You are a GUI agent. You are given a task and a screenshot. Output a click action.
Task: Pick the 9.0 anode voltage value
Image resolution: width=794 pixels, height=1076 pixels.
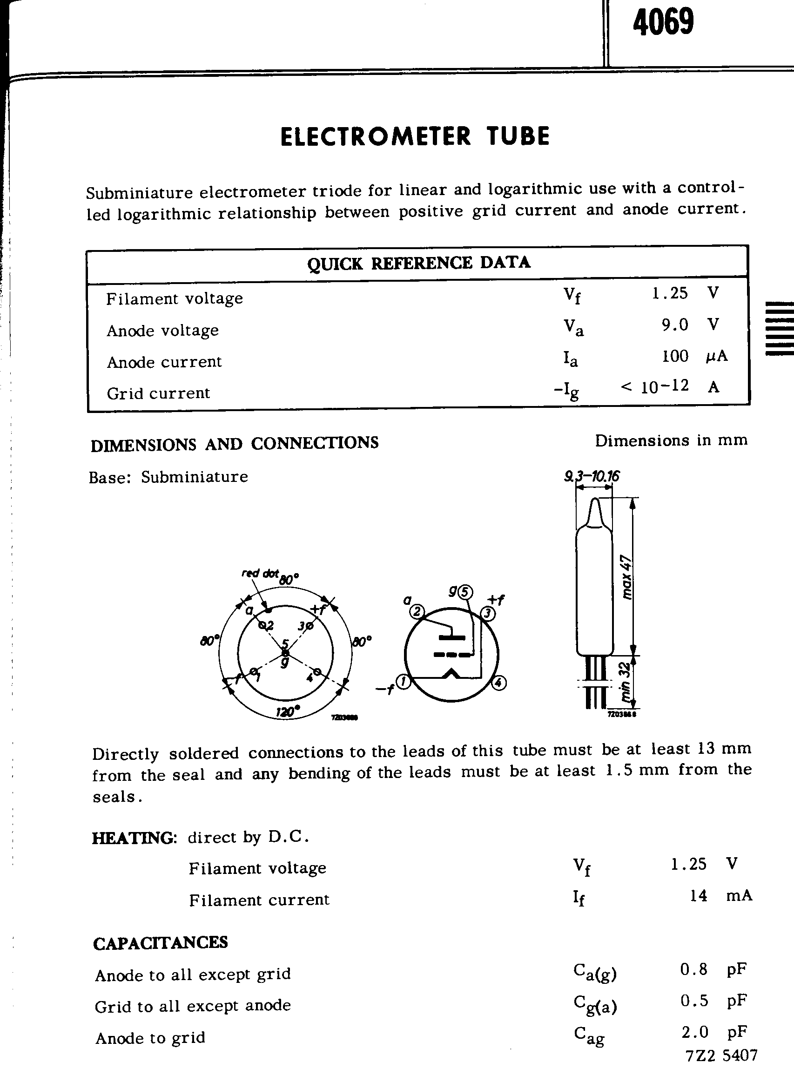click(x=675, y=325)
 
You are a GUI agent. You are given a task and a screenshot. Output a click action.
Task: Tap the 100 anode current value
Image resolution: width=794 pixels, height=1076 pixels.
click(x=675, y=356)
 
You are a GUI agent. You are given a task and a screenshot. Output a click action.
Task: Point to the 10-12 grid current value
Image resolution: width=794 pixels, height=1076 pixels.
click(x=665, y=386)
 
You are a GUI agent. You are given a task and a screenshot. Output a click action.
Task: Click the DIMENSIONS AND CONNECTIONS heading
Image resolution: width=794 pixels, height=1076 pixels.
click(x=235, y=444)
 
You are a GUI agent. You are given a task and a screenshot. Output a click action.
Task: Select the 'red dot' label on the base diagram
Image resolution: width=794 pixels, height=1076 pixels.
click(x=260, y=573)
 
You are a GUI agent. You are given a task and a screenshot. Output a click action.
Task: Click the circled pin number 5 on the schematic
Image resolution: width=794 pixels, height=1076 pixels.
click(x=465, y=592)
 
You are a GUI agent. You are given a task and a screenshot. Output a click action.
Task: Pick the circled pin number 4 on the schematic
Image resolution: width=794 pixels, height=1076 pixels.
click(x=499, y=683)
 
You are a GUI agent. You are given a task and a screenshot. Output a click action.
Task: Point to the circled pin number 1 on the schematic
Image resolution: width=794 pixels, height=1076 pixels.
click(x=404, y=682)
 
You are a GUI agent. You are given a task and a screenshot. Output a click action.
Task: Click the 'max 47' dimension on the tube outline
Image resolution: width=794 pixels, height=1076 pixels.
click(x=626, y=577)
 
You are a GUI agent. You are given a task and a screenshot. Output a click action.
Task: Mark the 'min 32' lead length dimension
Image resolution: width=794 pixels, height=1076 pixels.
click(x=625, y=681)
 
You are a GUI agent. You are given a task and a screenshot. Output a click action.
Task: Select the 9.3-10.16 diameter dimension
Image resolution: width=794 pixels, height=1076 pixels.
click(x=592, y=476)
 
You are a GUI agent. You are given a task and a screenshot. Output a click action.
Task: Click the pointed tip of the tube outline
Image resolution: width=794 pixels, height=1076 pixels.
click(x=594, y=503)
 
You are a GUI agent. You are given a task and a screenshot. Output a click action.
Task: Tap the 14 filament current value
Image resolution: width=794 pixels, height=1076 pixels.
click(x=698, y=896)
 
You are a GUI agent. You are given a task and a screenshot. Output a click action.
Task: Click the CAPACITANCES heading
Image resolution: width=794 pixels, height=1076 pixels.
click(x=161, y=943)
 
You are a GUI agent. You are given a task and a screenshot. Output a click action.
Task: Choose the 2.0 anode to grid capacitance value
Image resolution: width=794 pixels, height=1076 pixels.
click(x=694, y=1032)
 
